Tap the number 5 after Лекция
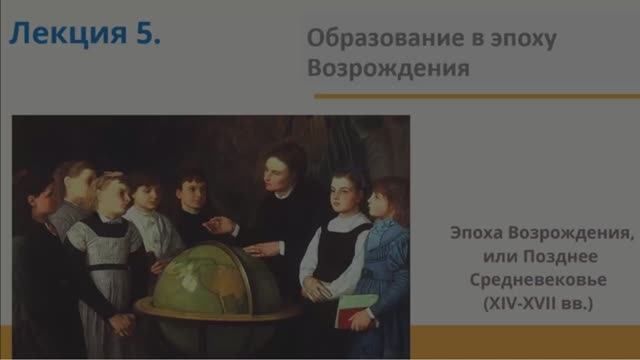[x=146, y=37]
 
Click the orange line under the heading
[x=475, y=96]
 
